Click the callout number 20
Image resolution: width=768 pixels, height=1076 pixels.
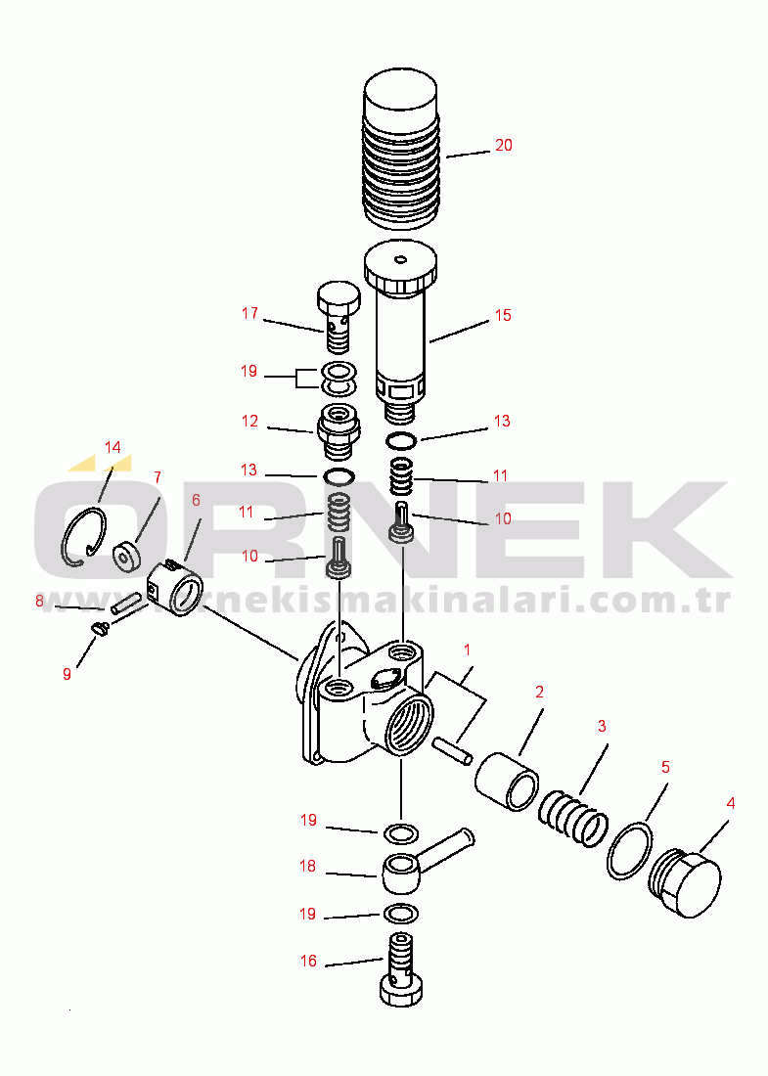tap(504, 146)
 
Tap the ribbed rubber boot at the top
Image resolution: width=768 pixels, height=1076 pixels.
tap(401, 149)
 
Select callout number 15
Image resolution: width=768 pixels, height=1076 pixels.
tap(503, 315)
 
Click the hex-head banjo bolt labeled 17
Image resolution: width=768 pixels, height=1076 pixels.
tap(339, 316)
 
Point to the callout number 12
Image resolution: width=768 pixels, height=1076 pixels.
tap(249, 421)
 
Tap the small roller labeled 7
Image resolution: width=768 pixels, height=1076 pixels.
tap(125, 556)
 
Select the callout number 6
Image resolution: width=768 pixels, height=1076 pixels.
tap(197, 500)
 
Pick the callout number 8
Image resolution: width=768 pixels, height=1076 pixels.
tap(39, 602)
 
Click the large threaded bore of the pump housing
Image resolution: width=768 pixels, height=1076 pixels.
tap(408, 725)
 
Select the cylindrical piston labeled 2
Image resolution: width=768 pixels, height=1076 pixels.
tap(507, 782)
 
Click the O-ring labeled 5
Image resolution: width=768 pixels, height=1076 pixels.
tap(629, 850)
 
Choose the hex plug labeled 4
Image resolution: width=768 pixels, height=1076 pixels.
tap(685, 883)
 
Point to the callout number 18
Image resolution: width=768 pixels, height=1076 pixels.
tap(307, 866)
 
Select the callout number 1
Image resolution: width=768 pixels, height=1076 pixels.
tap(468, 650)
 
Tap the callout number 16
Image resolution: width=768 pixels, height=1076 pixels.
tap(309, 961)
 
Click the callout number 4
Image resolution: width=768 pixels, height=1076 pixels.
tap(730, 803)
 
